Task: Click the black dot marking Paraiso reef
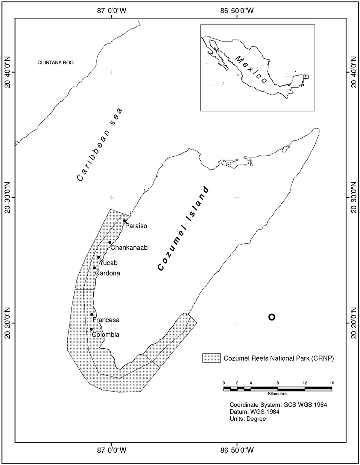tap(125, 221)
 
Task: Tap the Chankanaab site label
tap(128, 248)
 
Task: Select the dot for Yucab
tap(99, 258)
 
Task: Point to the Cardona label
tap(107, 273)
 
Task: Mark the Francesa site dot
tap(91, 314)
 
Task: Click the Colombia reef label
tap(106, 334)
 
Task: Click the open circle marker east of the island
tap(272, 317)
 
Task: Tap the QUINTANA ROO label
tap(55, 63)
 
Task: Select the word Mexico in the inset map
tap(251, 70)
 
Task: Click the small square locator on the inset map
tap(305, 77)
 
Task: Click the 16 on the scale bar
tap(331, 383)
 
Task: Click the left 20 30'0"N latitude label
tap(8, 198)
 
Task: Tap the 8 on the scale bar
tap(278, 383)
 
